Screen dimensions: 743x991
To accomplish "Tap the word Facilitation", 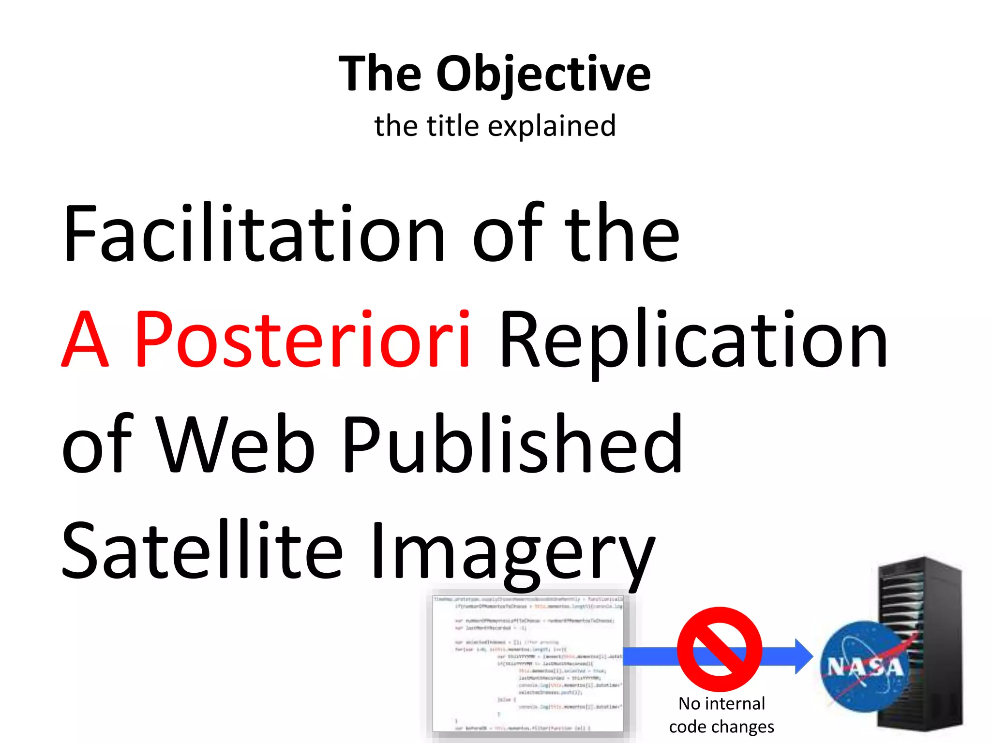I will [254, 233].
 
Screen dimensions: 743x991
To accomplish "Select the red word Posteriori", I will [302, 339].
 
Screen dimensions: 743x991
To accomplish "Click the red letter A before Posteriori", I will [85, 339].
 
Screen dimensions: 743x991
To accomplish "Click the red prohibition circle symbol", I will [720, 649].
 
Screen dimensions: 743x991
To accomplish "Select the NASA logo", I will [864, 667].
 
